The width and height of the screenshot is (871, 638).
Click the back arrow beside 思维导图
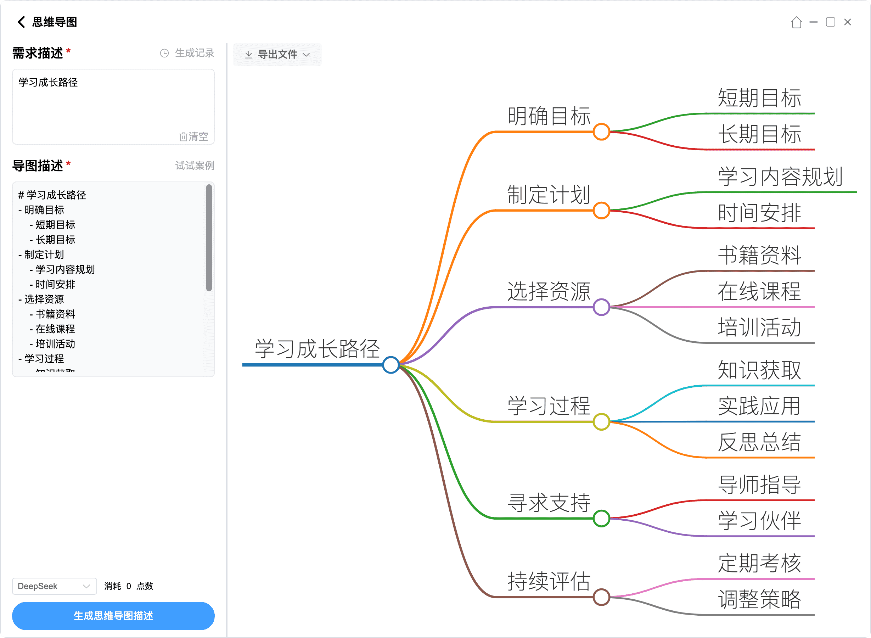(x=21, y=22)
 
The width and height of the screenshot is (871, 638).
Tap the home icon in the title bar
(x=796, y=22)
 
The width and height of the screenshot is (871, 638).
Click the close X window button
(x=848, y=22)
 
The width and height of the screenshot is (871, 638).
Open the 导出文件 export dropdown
(x=277, y=55)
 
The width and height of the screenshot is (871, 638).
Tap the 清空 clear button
(x=194, y=136)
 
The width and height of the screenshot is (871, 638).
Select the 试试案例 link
(x=195, y=166)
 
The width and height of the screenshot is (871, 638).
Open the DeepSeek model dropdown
(x=54, y=586)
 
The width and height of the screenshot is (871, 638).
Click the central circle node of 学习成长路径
(x=391, y=365)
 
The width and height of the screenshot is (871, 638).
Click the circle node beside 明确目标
(x=601, y=132)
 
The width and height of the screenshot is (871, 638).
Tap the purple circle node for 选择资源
(x=601, y=307)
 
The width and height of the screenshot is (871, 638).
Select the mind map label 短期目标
(x=759, y=98)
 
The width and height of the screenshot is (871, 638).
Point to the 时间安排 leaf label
(x=759, y=213)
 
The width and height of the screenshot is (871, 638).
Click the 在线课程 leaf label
(x=759, y=291)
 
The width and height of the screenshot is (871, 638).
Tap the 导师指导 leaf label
(x=759, y=484)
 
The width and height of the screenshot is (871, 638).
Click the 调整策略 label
(x=759, y=599)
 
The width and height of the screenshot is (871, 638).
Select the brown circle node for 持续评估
(x=601, y=597)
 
